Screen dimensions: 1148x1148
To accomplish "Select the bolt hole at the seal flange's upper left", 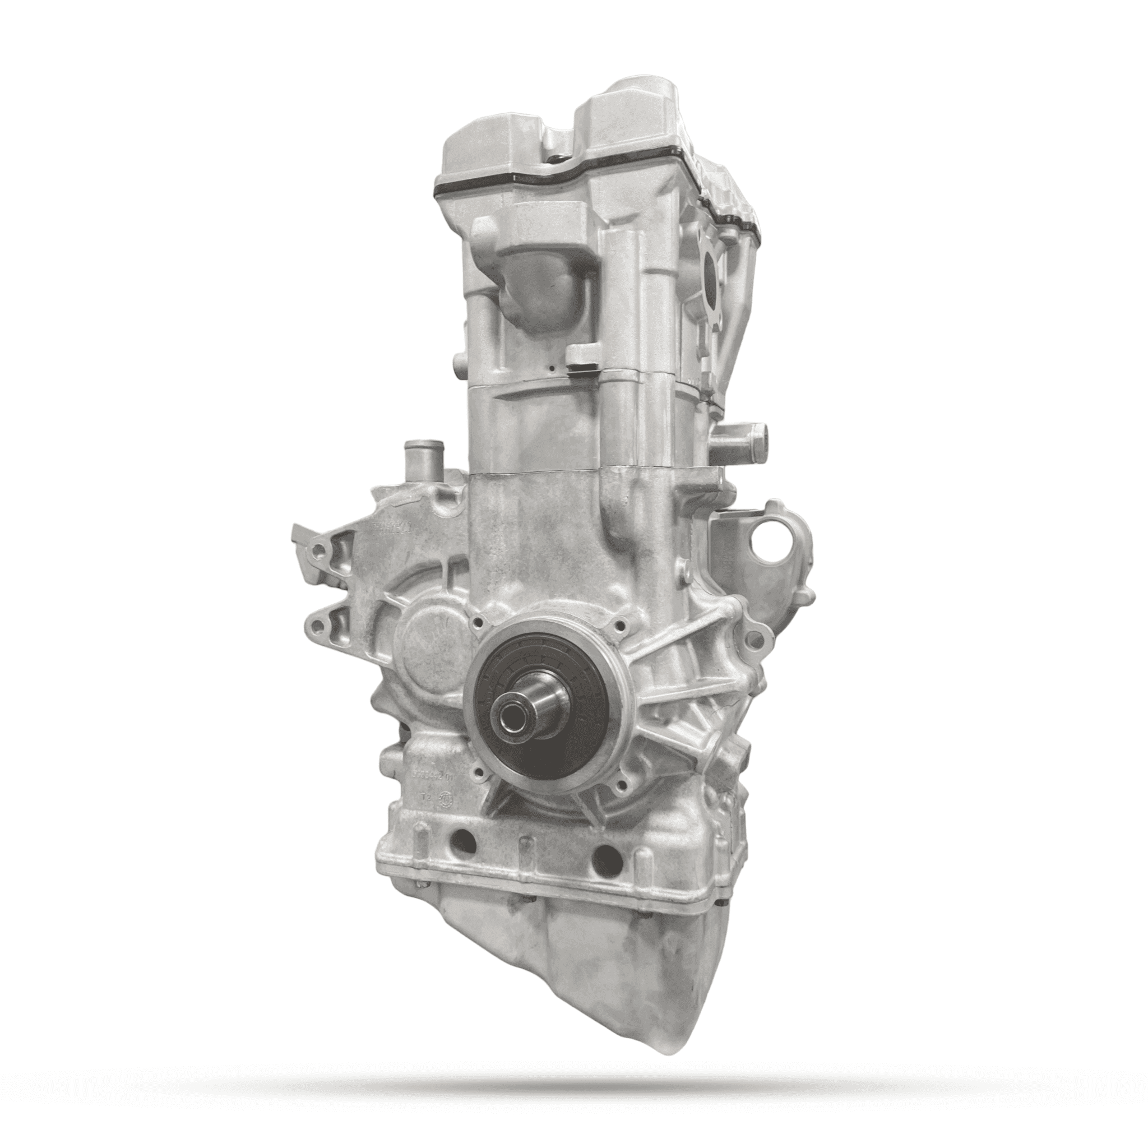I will [x=477, y=624].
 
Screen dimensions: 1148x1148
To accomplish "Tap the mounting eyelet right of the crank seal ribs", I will [x=755, y=640].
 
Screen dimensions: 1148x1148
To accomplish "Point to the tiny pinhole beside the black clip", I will [x=553, y=369].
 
